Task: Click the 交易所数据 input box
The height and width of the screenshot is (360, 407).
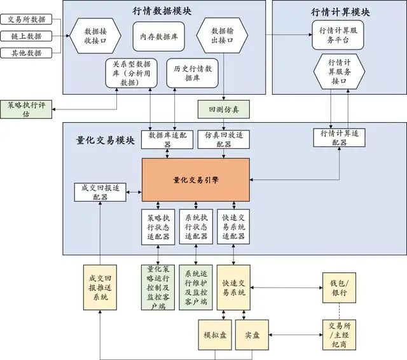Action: [x=26, y=19]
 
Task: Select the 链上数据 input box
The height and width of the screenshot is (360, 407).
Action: [x=26, y=36]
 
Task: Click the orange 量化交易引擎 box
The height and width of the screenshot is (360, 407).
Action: [x=195, y=180]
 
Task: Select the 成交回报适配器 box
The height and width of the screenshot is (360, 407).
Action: [x=99, y=192]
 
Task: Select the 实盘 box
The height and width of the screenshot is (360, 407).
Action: [x=252, y=334]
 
